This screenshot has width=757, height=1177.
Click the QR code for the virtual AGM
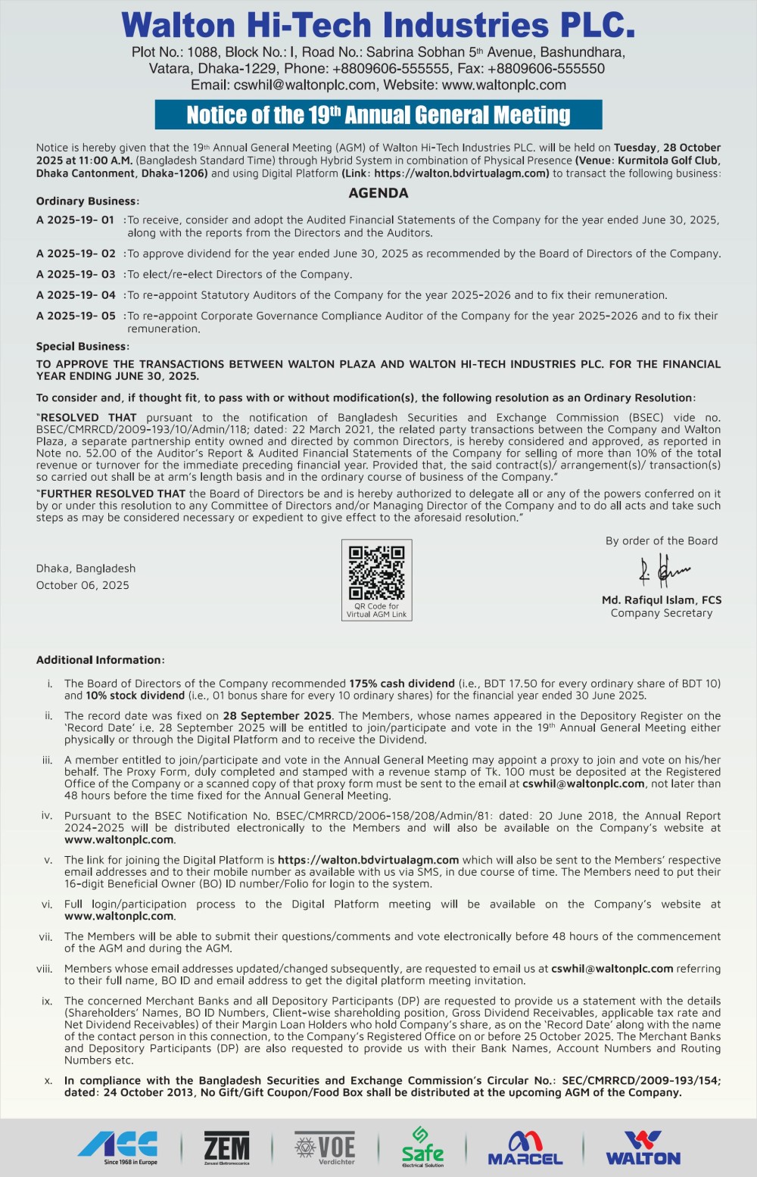[x=376, y=573]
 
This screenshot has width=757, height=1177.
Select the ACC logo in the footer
[x=118, y=1146]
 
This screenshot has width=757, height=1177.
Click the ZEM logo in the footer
[x=226, y=1147]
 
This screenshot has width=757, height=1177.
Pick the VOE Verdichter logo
[x=326, y=1147]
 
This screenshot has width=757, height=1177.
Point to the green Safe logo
[x=422, y=1147]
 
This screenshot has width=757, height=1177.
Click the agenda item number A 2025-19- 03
[x=76, y=274]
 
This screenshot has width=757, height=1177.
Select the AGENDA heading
[x=378, y=193]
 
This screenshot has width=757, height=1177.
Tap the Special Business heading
[x=83, y=346]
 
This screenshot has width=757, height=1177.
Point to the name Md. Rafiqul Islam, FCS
[x=662, y=599]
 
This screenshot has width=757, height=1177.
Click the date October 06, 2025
[x=83, y=585]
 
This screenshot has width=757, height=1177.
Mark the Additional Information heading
[x=100, y=660]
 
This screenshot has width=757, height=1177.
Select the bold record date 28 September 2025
[x=277, y=715]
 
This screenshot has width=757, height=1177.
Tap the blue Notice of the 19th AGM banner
[x=378, y=114]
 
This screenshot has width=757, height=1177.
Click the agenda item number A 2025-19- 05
[x=76, y=316]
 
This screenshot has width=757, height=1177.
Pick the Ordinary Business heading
[x=87, y=201]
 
